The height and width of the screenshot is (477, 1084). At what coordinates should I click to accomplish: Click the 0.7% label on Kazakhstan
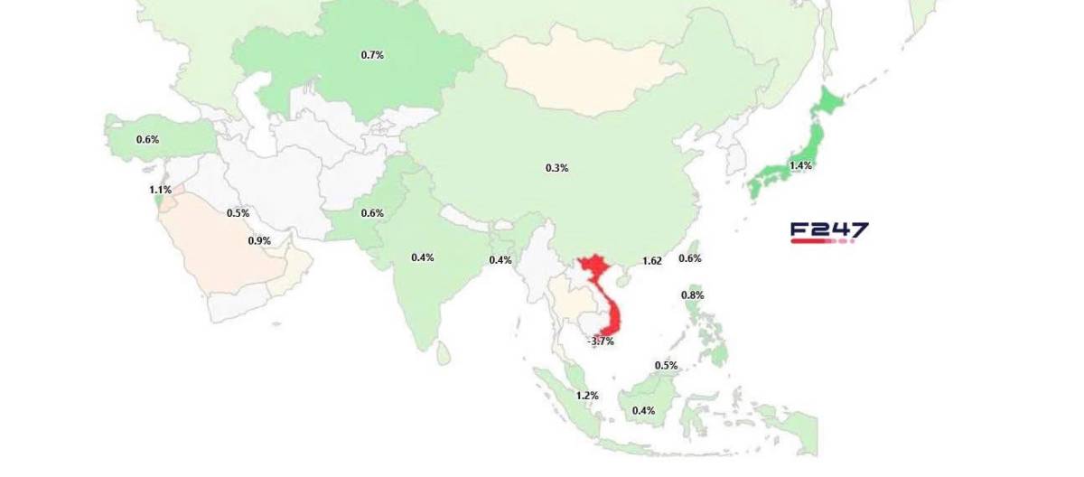pos(372,55)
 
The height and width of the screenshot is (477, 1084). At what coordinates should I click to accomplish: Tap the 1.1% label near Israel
pos(161,191)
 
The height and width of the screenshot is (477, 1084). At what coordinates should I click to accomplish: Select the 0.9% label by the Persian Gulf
pos(259,241)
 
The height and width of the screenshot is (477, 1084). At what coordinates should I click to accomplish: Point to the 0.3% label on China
pos(556,168)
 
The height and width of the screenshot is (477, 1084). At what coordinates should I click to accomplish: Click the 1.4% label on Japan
pos(800,166)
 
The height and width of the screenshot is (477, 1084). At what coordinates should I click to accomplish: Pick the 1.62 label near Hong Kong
pos(651,261)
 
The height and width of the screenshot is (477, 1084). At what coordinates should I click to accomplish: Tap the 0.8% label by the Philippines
pos(693,295)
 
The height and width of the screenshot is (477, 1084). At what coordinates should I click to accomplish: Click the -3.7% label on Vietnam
pos(601,341)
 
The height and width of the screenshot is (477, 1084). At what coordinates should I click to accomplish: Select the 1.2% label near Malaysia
pos(587,396)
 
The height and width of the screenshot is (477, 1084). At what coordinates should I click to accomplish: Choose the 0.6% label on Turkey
pos(147,140)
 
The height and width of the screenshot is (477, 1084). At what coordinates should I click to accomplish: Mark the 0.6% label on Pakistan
pos(372,213)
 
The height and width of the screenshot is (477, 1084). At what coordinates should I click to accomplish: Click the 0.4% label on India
pos(422,257)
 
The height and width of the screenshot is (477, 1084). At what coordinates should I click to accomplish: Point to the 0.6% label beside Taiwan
pos(690,258)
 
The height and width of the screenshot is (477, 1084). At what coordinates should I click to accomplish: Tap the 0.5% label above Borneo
pos(666,366)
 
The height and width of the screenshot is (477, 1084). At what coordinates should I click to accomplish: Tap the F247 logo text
pos(828,229)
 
